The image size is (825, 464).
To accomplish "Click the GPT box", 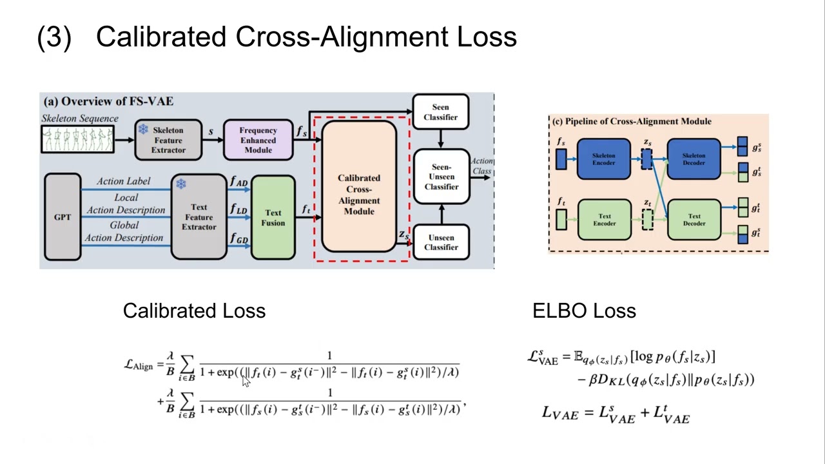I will pos(63,217).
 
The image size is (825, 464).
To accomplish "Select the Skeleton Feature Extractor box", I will pos(168,140).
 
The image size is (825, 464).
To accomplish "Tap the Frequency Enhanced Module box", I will pos(258,140).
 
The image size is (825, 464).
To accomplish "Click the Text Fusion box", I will pos(273,217).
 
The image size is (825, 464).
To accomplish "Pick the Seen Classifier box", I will pos(441,112).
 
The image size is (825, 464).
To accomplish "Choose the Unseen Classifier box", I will pos(441,242).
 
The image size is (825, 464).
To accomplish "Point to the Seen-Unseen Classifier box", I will pos(441,177).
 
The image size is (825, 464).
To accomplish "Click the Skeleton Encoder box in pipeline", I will pos(603,159).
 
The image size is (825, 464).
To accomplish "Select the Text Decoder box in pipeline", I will pos(694,220).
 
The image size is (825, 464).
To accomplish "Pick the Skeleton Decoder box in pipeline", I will pos(694,159).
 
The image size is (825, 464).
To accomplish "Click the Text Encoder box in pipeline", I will pos(603,220).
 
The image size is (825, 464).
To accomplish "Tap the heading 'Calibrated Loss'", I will pos(194,311).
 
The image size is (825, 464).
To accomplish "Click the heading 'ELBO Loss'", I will pos(584,311).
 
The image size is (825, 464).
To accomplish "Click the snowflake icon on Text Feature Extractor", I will pos(181,184).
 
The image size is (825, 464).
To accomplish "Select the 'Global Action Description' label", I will pos(124,231).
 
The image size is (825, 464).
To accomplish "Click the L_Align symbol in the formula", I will pos(139,365).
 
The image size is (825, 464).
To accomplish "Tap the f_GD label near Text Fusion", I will pos(238,239).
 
